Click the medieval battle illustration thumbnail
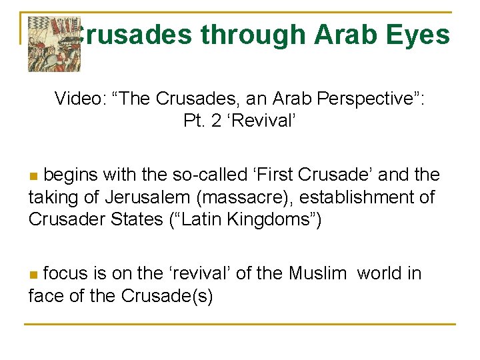[54, 42]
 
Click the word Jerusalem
[147, 197]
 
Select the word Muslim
[317, 273]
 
